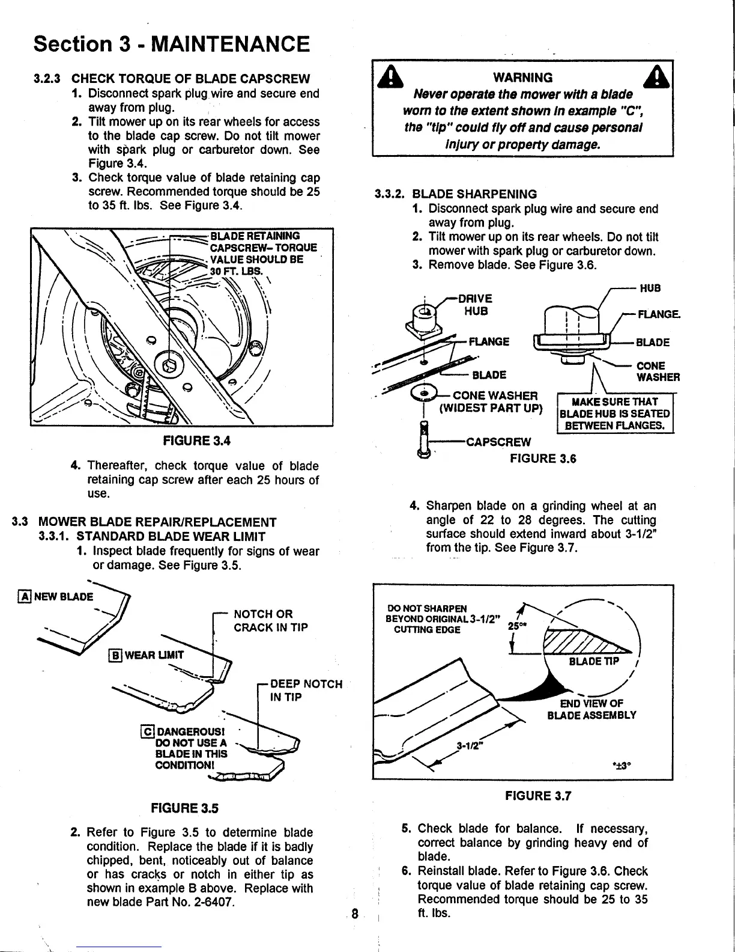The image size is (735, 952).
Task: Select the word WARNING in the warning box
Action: pyautogui.click(x=522, y=78)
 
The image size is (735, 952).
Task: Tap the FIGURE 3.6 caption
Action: pyautogui.click(x=542, y=459)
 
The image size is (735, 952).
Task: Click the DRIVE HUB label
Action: pyautogui.click(x=474, y=305)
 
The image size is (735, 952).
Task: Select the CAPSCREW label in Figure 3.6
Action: pyautogui.click(x=498, y=442)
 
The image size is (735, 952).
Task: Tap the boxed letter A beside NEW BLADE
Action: pyautogui.click(x=25, y=597)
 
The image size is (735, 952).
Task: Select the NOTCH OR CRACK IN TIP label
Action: pyautogui.click(x=270, y=620)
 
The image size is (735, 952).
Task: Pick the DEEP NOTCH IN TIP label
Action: pyautogui.click(x=306, y=690)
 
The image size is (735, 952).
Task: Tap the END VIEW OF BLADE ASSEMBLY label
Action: pyautogui.click(x=591, y=709)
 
